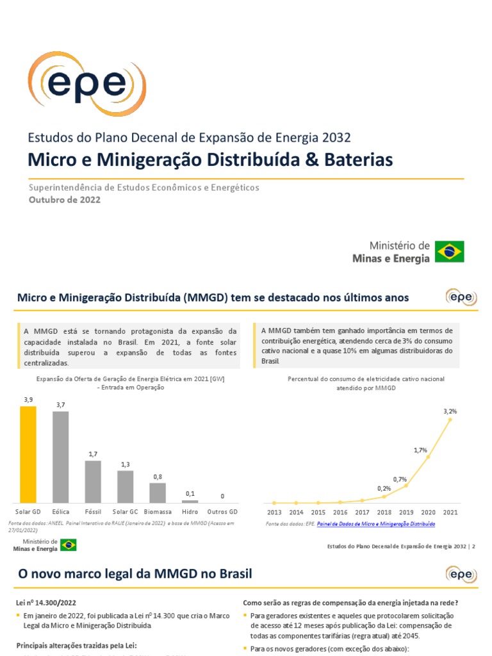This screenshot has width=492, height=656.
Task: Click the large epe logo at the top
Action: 87,85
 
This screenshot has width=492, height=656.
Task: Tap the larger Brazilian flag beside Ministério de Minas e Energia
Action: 450,252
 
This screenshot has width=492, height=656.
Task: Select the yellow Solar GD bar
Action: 28,454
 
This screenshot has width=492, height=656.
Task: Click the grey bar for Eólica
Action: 60,457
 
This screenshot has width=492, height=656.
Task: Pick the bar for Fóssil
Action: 93,481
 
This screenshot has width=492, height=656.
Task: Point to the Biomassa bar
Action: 158,493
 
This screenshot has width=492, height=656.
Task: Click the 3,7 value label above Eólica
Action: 60,405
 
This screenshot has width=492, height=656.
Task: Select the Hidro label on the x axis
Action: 190,512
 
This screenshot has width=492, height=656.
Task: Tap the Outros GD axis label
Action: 222,512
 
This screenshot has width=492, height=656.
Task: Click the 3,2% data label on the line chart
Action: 450,411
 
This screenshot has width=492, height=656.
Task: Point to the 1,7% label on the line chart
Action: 420,450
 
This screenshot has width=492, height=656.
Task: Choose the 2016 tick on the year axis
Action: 340,512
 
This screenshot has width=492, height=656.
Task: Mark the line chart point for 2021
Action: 450,420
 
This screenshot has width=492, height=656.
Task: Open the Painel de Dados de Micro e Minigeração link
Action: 376,524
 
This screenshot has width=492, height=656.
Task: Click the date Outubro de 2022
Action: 65,199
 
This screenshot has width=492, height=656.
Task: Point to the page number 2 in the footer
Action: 474,546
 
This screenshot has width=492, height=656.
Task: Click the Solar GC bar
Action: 125,487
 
